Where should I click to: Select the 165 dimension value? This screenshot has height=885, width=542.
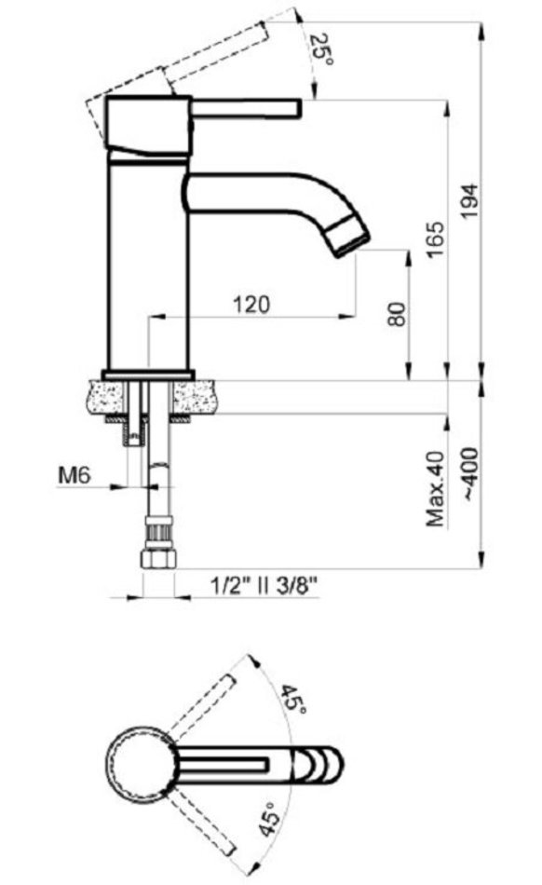436,239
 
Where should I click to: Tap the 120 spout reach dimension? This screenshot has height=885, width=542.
251,305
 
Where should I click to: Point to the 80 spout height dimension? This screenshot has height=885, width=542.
397,313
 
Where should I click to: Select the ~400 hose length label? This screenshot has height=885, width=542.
470,473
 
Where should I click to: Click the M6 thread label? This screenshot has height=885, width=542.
75,475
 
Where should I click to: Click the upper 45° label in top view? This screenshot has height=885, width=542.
294,699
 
